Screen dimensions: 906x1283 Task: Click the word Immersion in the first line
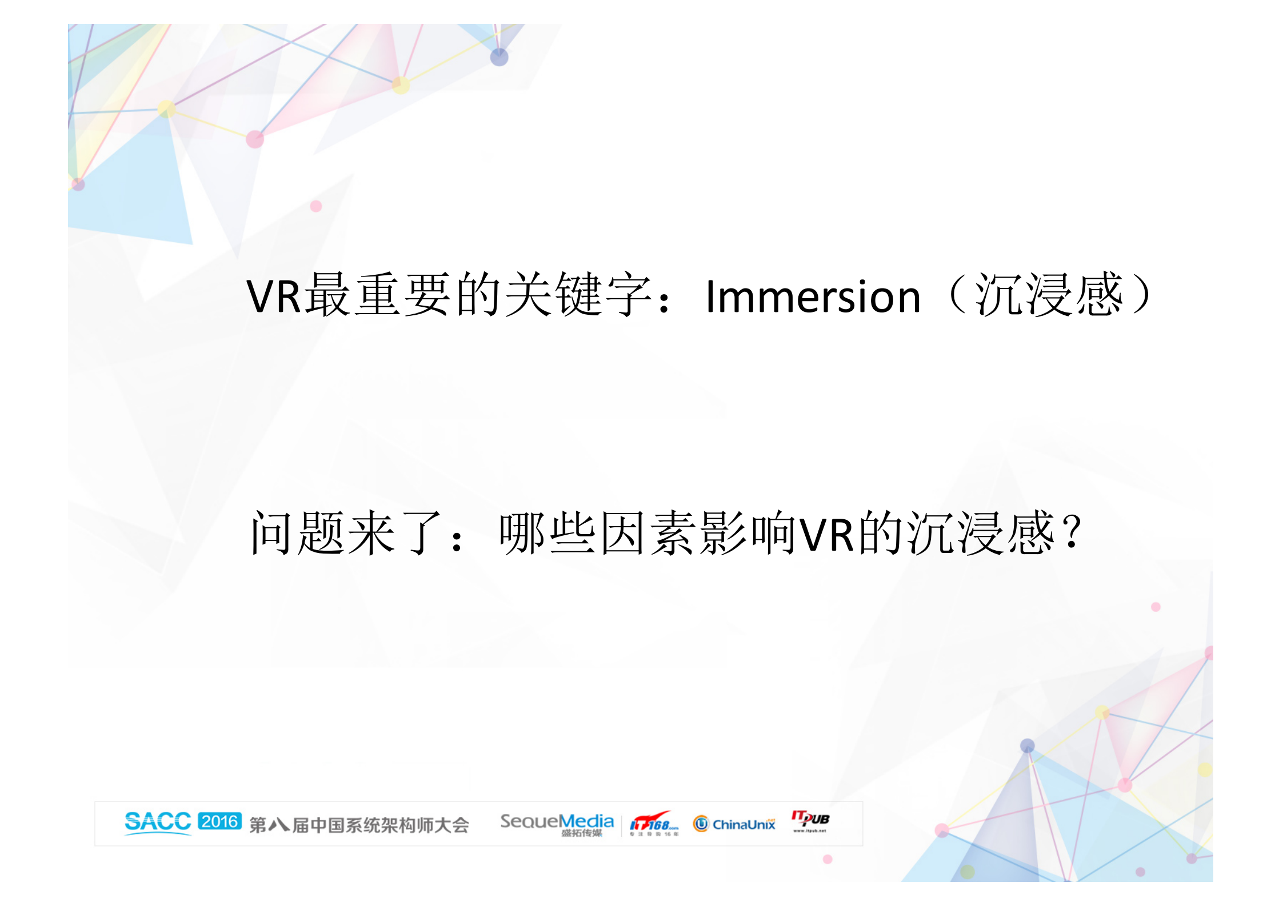(813, 296)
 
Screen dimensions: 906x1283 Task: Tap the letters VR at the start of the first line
(274, 296)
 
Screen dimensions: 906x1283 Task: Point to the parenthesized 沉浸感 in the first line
(1049, 295)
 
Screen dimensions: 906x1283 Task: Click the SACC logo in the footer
(158, 823)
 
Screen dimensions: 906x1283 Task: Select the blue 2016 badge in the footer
(220, 821)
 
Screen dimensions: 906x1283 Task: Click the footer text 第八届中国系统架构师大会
(359, 825)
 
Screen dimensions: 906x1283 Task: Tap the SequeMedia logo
(557, 823)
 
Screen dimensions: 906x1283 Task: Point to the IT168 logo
(654, 824)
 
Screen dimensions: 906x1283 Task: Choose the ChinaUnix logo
(734, 824)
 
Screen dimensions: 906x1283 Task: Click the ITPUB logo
(810, 820)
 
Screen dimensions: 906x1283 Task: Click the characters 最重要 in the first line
(379, 295)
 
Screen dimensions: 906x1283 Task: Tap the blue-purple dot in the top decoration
(499, 57)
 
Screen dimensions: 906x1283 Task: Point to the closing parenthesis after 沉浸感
(1142, 295)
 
